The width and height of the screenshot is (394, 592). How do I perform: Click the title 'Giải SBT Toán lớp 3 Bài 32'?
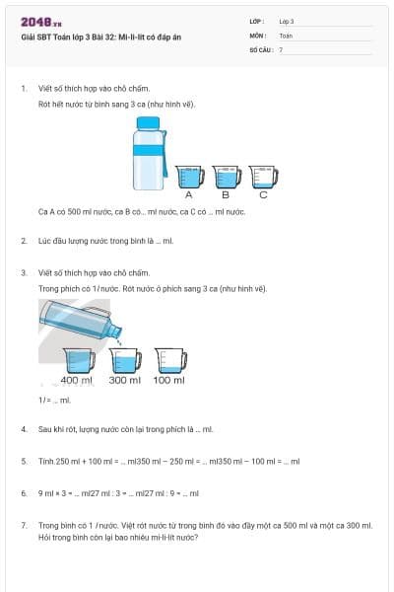(100, 37)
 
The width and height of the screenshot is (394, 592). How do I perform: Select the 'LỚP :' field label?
(258, 21)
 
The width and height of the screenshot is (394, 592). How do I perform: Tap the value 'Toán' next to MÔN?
(286, 35)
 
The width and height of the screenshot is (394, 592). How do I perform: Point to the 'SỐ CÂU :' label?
(260, 48)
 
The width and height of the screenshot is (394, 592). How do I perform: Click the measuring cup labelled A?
(188, 176)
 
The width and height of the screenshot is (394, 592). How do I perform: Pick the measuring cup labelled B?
(226, 176)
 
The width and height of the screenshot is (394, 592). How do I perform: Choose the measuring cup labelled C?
(263, 176)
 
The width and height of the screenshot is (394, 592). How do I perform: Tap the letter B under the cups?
(225, 194)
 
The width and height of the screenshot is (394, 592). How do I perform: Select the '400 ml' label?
(76, 380)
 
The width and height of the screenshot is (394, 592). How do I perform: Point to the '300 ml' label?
(124, 380)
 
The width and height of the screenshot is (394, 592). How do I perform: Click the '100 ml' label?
(169, 380)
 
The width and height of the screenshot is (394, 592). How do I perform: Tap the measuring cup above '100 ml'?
(169, 360)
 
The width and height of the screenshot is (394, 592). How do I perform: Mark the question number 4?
(23, 429)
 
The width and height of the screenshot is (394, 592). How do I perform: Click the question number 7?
(23, 525)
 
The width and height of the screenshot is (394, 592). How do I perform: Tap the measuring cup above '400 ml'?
(77, 360)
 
